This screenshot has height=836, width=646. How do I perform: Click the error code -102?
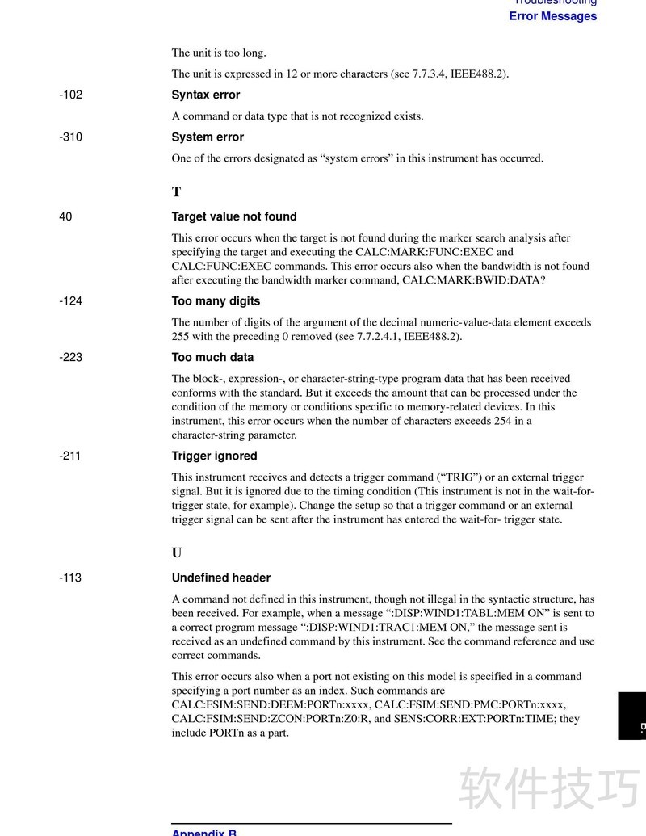tap(70, 95)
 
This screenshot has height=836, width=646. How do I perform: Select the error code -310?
tap(70, 137)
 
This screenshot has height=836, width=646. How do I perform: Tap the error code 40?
tap(65, 216)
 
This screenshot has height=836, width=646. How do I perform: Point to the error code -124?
tap(70, 301)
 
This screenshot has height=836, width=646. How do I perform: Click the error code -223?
tap(70, 357)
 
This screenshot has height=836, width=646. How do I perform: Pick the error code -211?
tap(69, 456)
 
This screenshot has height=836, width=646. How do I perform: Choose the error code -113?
tap(69, 578)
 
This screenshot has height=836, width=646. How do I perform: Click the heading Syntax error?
tap(206, 95)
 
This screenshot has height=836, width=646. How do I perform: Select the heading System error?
tap(208, 137)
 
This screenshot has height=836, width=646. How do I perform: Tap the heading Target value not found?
tap(234, 216)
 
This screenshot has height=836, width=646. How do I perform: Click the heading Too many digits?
tap(216, 301)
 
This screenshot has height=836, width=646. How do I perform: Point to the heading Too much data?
tap(212, 357)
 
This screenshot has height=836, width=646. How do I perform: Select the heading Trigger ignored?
tap(214, 456)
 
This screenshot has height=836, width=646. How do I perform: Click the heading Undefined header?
tap(221, 578)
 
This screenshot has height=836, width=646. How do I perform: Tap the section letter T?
tap(176, 192)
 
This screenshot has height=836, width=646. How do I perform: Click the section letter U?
tap(177, 553)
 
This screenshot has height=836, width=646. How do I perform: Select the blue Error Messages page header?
tap(552, 16)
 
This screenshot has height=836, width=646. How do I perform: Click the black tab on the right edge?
tap(631, 716)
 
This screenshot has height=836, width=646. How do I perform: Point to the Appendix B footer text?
tap(204, 832)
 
